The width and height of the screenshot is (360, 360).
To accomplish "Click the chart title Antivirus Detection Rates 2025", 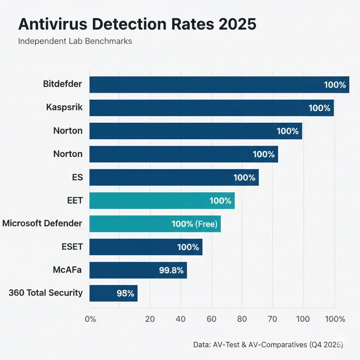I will click(x=137, y=25).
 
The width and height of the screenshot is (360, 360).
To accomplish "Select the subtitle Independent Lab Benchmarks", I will click(x=75, y=41).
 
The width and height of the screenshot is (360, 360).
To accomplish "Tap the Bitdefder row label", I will click(x=63, y=84).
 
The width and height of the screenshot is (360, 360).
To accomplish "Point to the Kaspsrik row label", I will click(x=64, y=107).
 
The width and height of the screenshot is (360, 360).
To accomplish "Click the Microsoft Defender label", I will click(x=42, y=223).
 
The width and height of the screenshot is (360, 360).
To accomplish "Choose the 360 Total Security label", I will click(x=46, y=292).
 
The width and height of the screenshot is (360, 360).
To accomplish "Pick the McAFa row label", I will click(x=68, y=270).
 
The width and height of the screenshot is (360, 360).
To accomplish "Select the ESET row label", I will click(x=72, y=246).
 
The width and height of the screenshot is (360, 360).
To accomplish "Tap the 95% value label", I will click(x=125, y=293).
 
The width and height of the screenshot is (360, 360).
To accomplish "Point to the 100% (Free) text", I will click(x=194, y=224).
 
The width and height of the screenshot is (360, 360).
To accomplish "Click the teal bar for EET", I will click(x=162, y=201).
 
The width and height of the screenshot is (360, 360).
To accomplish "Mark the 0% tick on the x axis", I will click(x=90, y=319).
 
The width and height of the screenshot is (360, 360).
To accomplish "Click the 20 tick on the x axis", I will click(x=150, y=319).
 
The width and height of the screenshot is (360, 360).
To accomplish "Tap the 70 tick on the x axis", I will click(x=272, y=319).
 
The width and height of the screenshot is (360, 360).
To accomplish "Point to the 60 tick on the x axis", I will click(x=211, y=319).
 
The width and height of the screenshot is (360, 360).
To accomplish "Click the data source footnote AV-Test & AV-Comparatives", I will click(x=268, y=345).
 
